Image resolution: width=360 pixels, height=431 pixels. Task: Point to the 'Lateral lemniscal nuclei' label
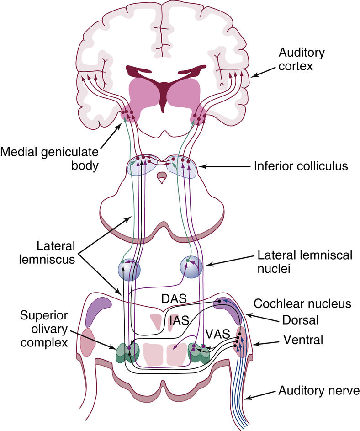[305, 261]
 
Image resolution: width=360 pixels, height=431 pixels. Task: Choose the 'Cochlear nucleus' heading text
[302, 304]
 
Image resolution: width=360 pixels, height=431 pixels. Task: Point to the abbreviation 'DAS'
[172, 298]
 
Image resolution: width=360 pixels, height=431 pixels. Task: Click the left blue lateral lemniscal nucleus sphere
[128, 269]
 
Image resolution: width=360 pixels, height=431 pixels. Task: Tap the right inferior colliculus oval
[182, 166]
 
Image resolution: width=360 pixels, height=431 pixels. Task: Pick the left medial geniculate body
[128, 116]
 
